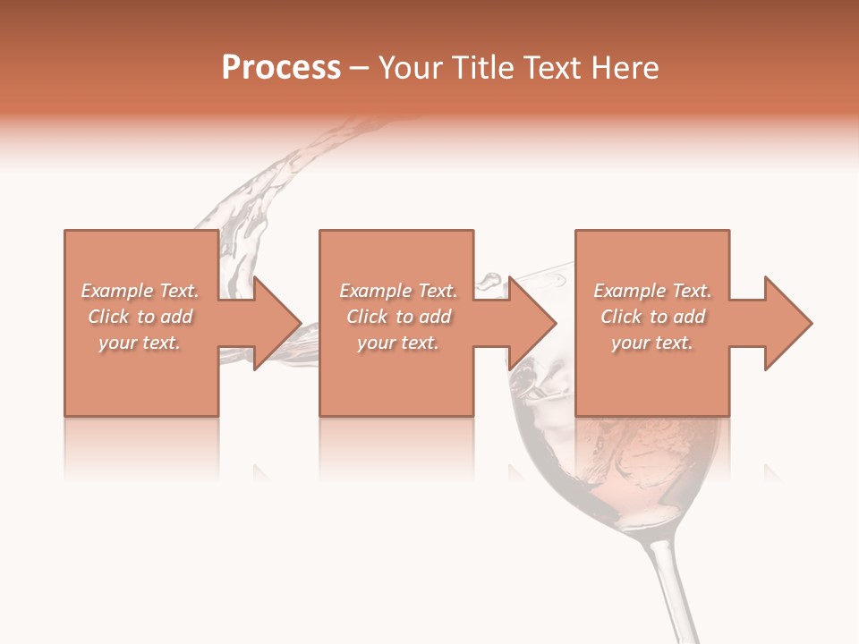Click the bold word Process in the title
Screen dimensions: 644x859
[x=281, y=68]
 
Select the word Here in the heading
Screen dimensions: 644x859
[x=625, y=68]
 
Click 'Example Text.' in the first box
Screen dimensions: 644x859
[x=140, y=291]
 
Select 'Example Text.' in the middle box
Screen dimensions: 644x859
[x=398, y=291]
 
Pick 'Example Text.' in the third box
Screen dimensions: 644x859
[x=652, y=291]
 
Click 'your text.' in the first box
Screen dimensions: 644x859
[x=140, y=343]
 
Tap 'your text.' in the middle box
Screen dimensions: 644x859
[x=398, y=343]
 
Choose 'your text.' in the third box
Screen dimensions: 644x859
[x=652, y=343]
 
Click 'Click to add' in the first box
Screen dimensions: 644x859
[x=140, y=317]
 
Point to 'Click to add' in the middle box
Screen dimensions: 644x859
[x=398, y=317]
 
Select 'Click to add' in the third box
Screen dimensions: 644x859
[x=652, y=317]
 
